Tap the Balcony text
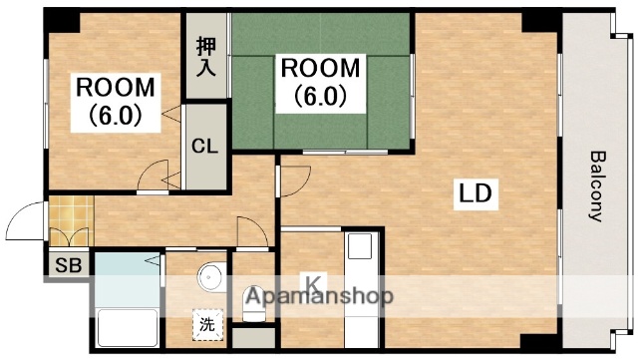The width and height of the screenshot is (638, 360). click(x=598, y=184)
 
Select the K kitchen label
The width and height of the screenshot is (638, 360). click(x=312, y=283)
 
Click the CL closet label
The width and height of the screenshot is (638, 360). click(x=204, y=147)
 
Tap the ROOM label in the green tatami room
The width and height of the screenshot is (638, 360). click(x=319, y=69)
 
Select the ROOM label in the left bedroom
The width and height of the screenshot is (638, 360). click(x=116, y=86)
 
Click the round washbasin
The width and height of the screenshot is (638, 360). click(x=209, y=276)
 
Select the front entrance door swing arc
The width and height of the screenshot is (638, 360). click(x=22, y=220)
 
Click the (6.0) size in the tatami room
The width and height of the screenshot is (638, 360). click(x=319, y=97)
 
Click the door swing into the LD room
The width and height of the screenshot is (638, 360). click(x=291, y=180)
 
